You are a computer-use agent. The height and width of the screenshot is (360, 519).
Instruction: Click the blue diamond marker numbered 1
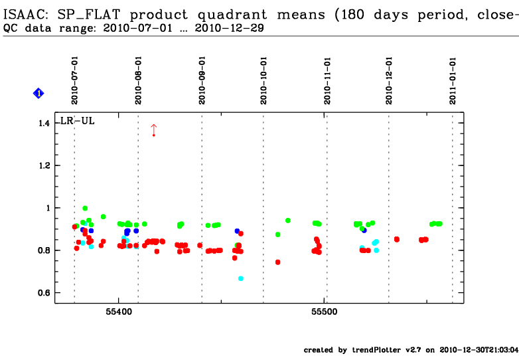[38, 94]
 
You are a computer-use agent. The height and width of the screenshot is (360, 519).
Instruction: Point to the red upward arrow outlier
[153, 130]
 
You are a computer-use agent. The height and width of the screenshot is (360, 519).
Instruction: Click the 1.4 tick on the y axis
[44, 124]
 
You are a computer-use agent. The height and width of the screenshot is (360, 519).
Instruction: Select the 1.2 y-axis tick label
[44, 165]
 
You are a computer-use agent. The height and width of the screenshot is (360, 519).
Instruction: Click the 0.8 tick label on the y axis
[44, 250]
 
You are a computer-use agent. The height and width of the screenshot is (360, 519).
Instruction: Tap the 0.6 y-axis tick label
[44, 293]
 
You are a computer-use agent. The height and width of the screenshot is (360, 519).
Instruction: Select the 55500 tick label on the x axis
[325, 310]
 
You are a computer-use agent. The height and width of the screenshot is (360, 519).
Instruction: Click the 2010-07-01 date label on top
[75, 80]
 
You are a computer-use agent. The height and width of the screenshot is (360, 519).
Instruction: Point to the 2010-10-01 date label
[264, 80]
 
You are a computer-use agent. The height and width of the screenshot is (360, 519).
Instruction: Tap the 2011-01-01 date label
[453, 80]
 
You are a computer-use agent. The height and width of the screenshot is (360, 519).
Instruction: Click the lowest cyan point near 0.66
[241, 278]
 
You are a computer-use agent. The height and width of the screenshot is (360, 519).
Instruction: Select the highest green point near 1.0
[85, 208]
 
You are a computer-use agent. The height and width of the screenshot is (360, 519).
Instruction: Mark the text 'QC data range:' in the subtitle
[36, 28]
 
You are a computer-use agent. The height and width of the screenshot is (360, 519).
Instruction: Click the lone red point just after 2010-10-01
[277, 262]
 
